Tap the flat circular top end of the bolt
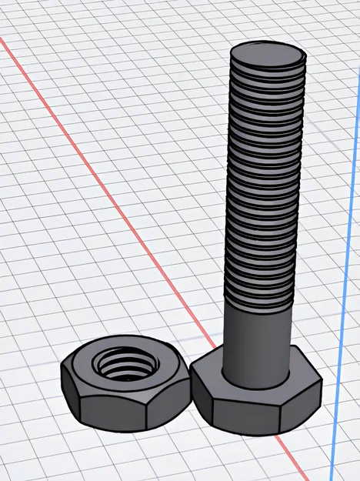(x=268, y=58)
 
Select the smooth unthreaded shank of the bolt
(x=258, y=339)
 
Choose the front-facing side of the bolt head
(x=246, y=412)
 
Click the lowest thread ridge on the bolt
(x=258, y=300)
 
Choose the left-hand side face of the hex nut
(x=70, y=396)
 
